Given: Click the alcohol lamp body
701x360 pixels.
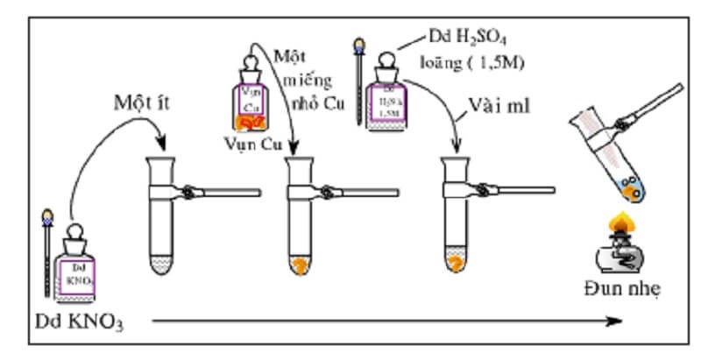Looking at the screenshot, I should click(621, 255).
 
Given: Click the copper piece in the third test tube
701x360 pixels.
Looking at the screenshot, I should click(456, 260).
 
